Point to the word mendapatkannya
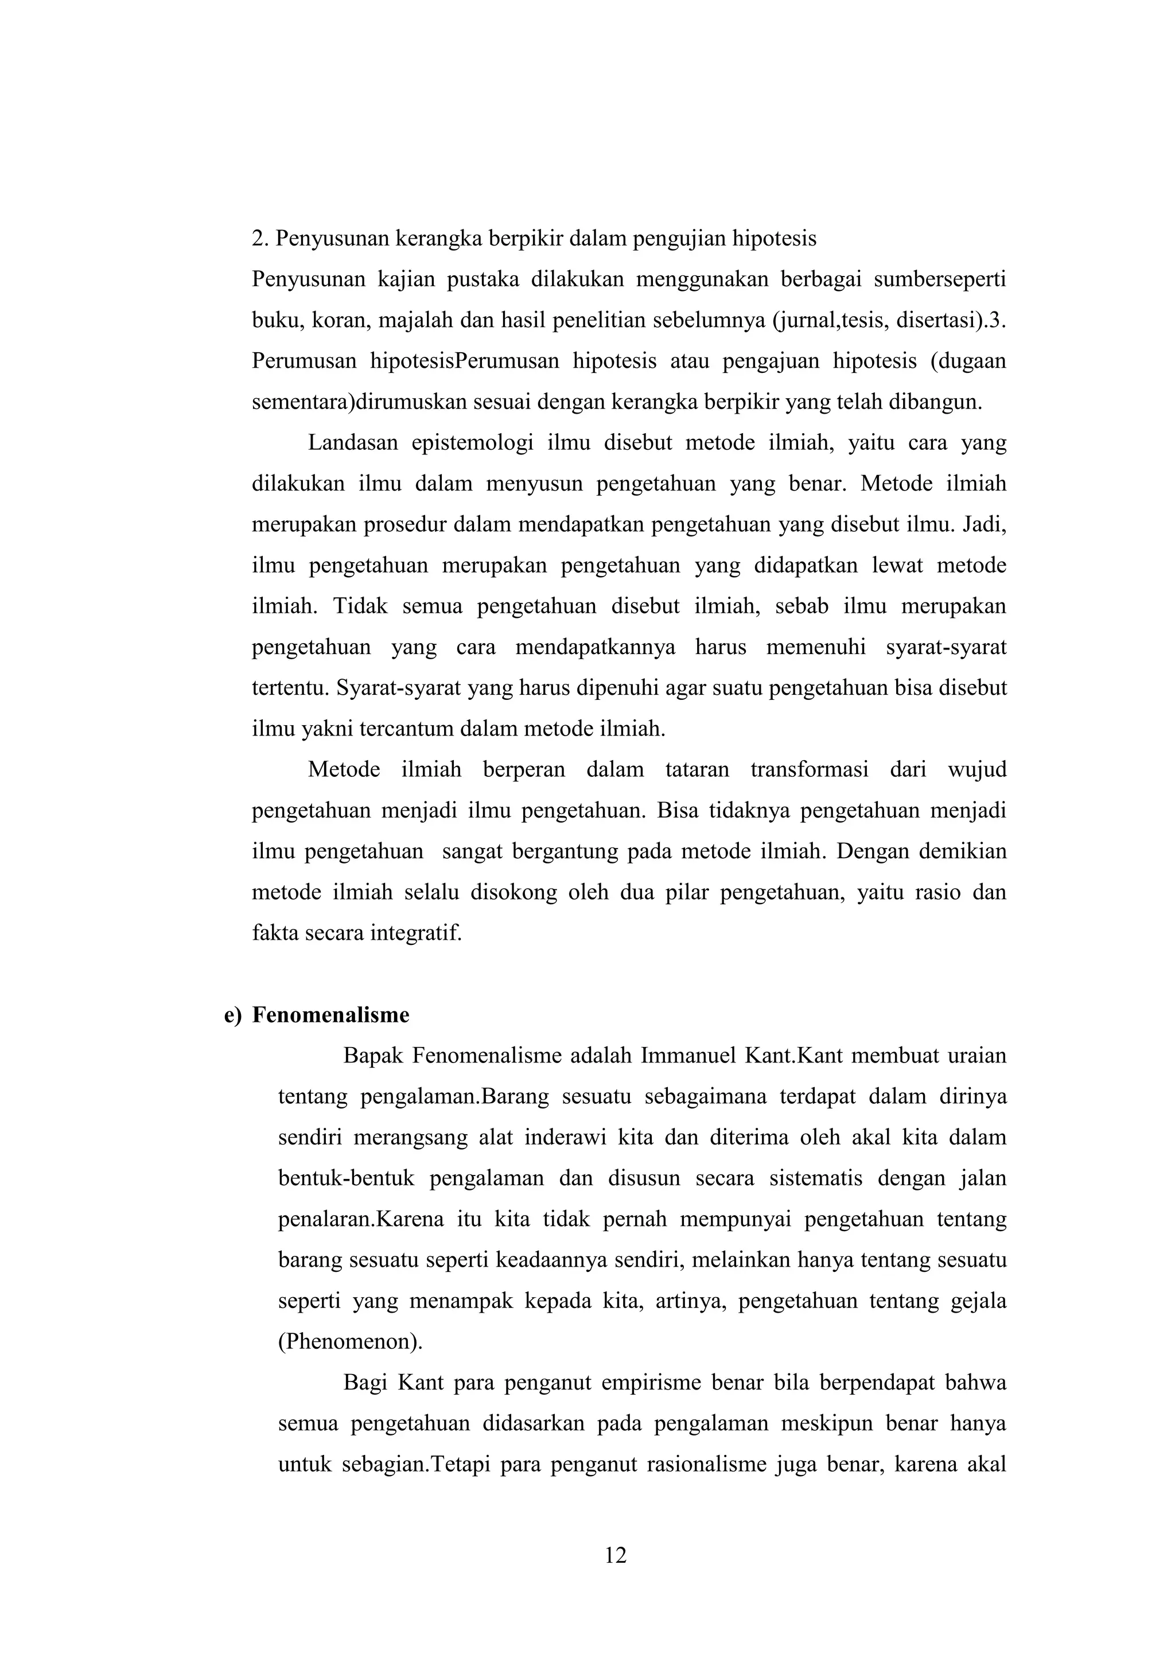[x=595, y=647]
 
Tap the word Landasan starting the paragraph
[x=353, y=442]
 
